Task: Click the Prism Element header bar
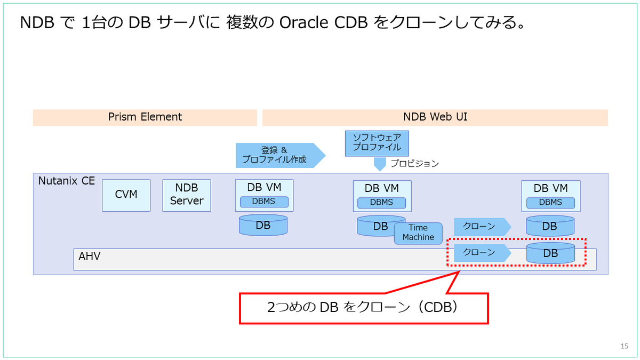[145, 117]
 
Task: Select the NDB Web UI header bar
[435, 117]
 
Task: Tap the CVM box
[126, 195]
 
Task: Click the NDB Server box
[187, 195]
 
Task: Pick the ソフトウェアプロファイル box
[377, 143]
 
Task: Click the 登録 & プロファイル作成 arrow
[281, 155]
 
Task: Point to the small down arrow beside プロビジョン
[380, 164]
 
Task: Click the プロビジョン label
[414, 163]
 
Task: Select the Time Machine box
[418, 233]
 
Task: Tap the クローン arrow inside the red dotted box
[482, 253]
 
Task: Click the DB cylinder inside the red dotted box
[550, 253]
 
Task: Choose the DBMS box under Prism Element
[264, 202]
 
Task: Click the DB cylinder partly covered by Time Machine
[377, 226]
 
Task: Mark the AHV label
[90, 257]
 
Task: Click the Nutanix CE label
[66, 181]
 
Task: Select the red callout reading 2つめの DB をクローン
[364, 308]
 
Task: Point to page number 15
[625, 346]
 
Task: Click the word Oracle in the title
[303, 22]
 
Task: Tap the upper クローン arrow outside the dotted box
[482, 227]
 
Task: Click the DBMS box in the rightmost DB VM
[550, 203]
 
